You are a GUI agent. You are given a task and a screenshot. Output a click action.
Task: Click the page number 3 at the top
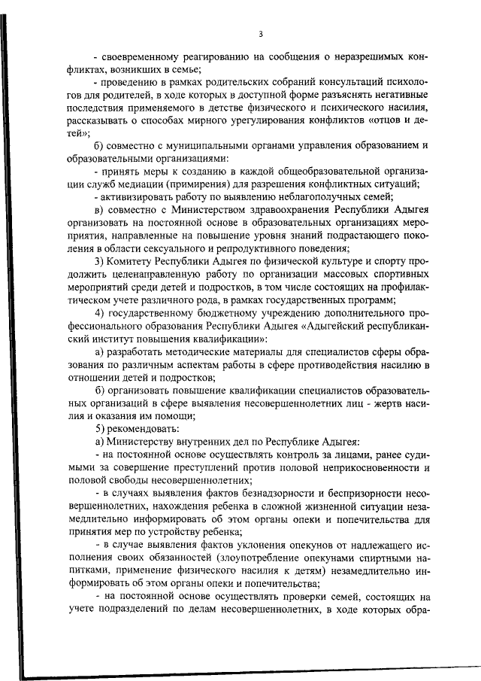pos(260,34)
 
